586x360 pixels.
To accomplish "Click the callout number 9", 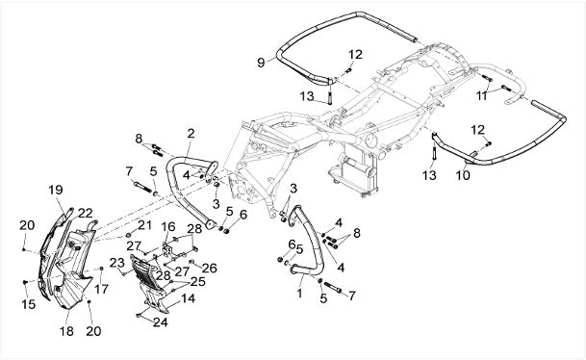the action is tap(261, 63).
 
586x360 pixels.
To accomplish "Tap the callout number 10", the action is tap(463, 175).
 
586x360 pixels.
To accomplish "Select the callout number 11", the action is tap(482, 95).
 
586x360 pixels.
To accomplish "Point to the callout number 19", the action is tap(56, 190).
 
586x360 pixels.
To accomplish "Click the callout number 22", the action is tap(86, 213).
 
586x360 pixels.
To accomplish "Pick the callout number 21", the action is tap(144, 225).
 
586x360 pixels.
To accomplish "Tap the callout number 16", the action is tap(168, 226).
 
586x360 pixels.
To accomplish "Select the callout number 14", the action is tap(189, 298).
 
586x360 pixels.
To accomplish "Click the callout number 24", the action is tap(161, 321).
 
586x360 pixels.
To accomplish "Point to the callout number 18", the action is tap(66, 331).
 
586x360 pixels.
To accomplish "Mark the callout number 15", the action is tap(29, 304).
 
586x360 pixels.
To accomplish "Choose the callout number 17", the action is tap(101, 289).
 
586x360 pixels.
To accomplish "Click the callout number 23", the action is tap(117, 263).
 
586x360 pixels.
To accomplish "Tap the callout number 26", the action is tap(210, 268).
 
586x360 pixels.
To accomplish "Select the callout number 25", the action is tap(197, 281).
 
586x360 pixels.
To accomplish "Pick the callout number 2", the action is tap(191, 134).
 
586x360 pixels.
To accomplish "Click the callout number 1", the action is tap(299, 293).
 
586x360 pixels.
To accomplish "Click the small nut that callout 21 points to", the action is tap(128, 235).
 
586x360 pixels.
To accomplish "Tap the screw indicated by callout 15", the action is tap(25, 282).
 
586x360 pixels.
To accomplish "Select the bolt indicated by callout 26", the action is tap(191, 262).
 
